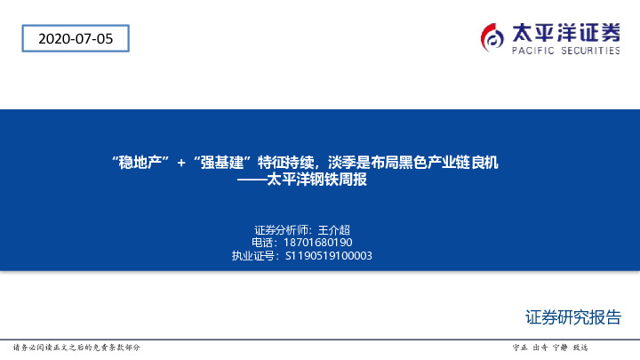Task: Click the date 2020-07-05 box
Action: pos(76,38)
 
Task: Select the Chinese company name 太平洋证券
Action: pos(566,32)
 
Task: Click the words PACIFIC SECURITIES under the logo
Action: pos(566,52)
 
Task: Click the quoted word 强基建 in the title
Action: pos(221,163)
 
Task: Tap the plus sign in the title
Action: pos(181,163)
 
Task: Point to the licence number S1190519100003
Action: pos(328,255)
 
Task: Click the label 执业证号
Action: pos(254,255)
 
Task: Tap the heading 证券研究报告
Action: pos(572,318)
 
